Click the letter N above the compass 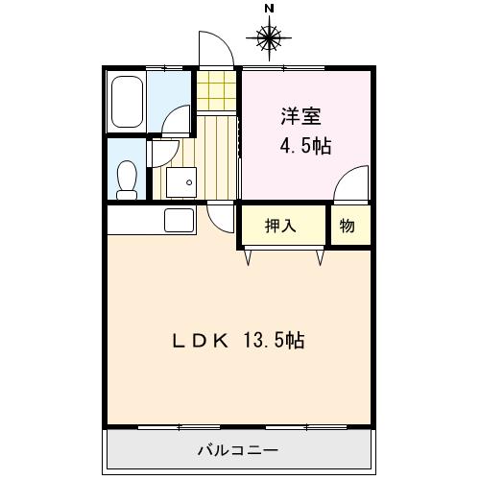click(269, 9)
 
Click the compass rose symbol click(269, 38)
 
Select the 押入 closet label click(281, 227)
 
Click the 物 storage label click(347, 227)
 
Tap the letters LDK click(200, 340)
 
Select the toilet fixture click(125, 176)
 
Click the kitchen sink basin click(180, 220)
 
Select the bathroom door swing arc click(177, 120)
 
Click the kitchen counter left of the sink click(134, 220)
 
